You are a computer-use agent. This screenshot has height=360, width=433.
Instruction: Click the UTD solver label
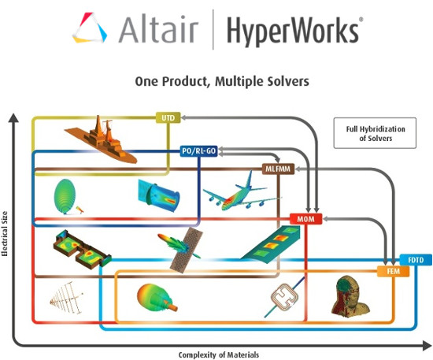coord(167,117)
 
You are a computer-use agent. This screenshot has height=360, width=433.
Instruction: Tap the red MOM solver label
coord(305,217)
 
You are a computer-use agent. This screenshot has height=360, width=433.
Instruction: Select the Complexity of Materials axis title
coord(218,354)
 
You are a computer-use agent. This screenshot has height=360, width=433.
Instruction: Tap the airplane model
coord(241,193)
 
